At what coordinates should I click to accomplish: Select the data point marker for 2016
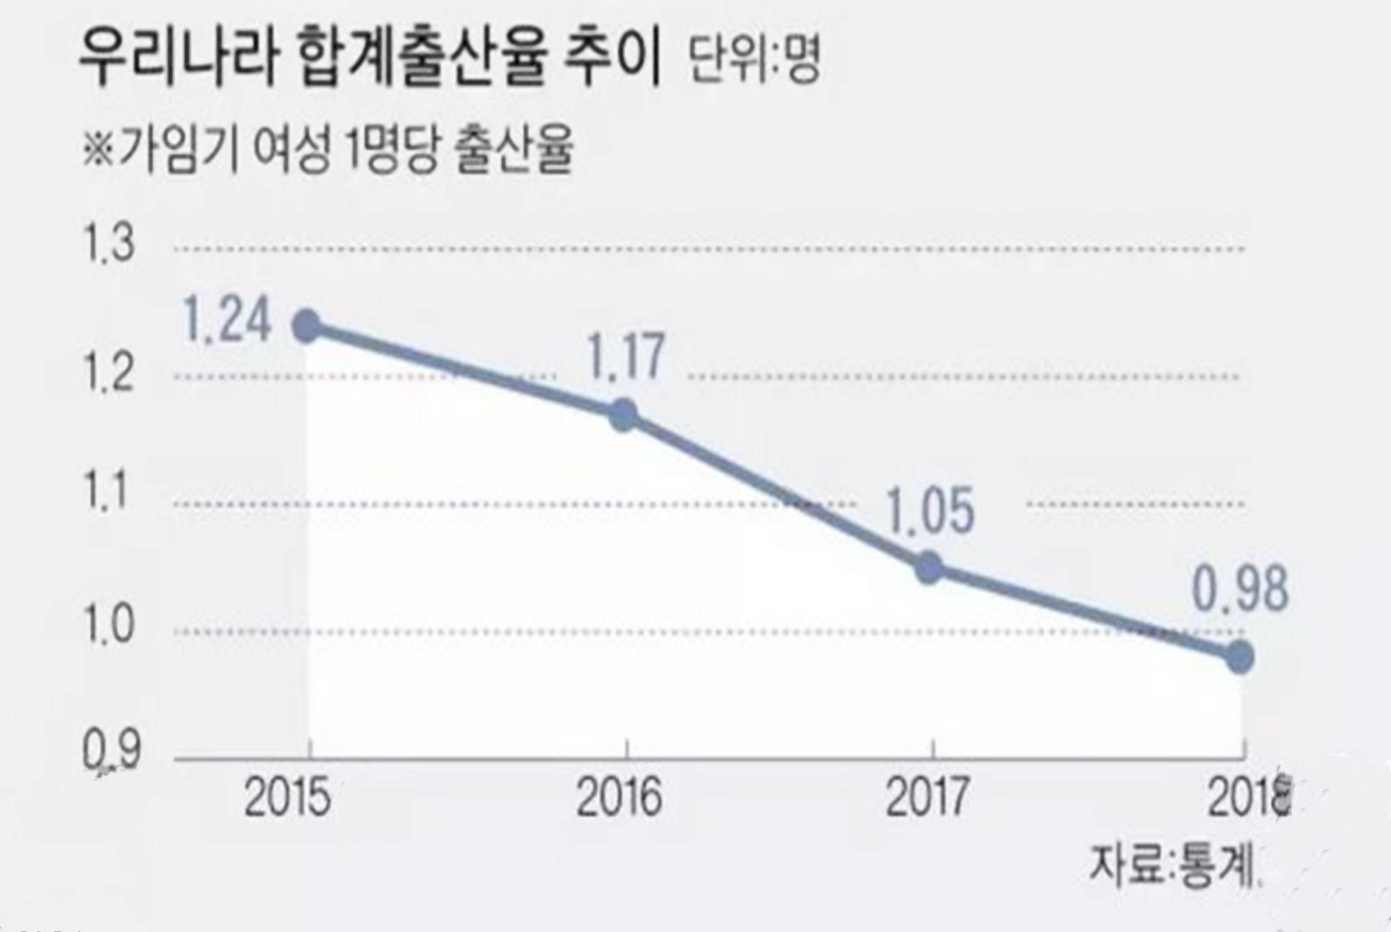[624, 416]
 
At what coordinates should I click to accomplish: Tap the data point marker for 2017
[929, 568]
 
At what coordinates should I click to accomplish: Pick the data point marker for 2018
[1240, 657]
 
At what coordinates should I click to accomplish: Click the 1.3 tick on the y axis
[108, 244]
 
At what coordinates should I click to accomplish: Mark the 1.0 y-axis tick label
[108, 624]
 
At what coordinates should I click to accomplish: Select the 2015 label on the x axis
[287, 798]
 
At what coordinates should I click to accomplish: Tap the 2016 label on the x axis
[618, 798]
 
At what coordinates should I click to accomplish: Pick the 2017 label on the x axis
[926, 798]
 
